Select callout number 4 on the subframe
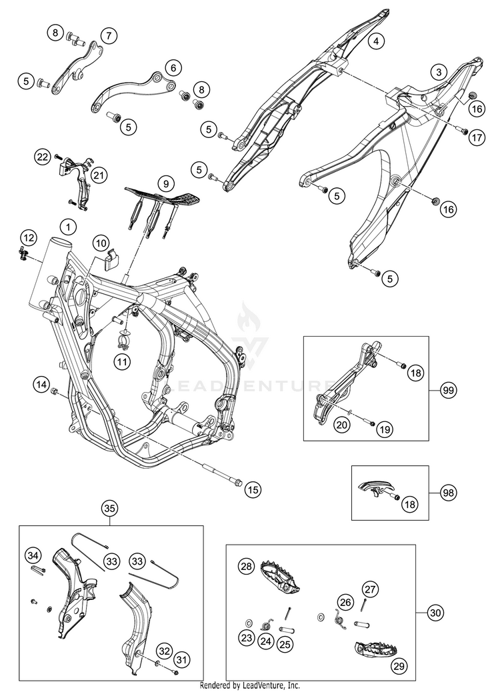(377, 41)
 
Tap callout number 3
(438, 71)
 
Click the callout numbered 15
(252, 491)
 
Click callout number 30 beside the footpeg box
(436, 611)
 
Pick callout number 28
(247, 567)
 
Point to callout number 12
(28, 237)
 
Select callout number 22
(43, 157)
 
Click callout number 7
(109, 35)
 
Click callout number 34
(32, 555)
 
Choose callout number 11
(121, 362)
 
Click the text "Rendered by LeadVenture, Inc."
(250, 685)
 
